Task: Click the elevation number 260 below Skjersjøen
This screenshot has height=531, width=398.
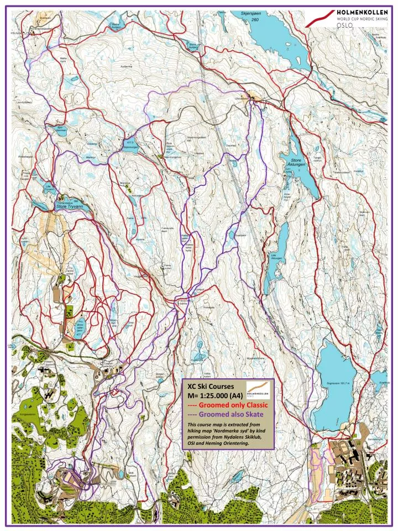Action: click(x=255, y=19)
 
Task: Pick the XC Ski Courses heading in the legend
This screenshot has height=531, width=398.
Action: click(x=211, y=387)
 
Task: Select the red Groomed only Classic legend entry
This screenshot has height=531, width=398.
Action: click(x=228, y=405)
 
